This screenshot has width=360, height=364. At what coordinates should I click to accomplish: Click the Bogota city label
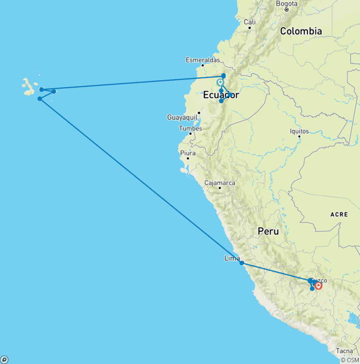(x=287, y=3)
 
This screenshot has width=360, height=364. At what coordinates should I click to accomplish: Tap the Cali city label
(x=249, y=22)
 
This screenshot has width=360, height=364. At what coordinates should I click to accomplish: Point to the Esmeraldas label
(x=202, y=60)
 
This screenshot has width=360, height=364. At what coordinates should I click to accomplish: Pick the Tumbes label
(x=190, y=128)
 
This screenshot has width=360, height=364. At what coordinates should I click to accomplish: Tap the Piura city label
(x=187, y=153)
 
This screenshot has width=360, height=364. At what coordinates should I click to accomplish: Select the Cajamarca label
(x=220, y=182)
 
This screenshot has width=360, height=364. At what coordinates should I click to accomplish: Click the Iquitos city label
(x=299, y=131)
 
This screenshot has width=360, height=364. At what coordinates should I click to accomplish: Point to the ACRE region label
(x=339, y=214)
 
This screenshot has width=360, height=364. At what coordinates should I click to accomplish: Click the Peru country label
(x=268, y=231)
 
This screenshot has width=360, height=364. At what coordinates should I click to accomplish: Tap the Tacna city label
(x=344, y=351)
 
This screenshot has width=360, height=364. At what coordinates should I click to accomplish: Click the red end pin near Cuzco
(x=318, y=285)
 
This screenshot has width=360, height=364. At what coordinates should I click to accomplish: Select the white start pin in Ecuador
(x=220, y=83)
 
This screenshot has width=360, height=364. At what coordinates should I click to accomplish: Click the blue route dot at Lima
(x=242, y=263)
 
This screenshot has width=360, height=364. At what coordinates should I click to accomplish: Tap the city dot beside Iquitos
(x=299, y=136)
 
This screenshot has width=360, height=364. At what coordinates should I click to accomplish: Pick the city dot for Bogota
(x=287, y=9)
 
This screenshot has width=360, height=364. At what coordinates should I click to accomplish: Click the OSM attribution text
(x=350, y=360)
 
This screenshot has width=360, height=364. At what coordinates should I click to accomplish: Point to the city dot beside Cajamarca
(x=220, y=188)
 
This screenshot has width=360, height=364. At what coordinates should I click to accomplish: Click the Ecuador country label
(x=221, y=95)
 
